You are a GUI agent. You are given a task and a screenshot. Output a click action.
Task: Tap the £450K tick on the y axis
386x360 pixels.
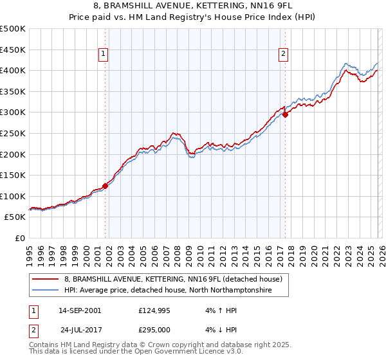click(x=13, y=50)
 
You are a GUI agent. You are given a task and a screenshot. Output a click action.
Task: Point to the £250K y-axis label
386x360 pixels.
click(x=13, y=133)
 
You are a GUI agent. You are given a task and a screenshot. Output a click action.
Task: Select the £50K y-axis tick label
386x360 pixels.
click(x=15, y=217)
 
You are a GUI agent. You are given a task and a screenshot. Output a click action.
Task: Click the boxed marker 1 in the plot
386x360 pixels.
click(x=104, y=55)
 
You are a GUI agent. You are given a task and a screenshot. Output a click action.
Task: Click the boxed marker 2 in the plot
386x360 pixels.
click(x=284, y=55)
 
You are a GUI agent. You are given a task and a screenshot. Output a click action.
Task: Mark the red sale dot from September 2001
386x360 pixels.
click(x=105, y=186)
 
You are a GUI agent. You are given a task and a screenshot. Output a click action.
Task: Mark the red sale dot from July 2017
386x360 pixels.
click(x=285, y=114)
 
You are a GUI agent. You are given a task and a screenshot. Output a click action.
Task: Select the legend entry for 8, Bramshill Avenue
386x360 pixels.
click(x=172, y=279)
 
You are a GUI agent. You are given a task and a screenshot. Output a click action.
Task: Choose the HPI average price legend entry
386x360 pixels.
click(x=168, y=291)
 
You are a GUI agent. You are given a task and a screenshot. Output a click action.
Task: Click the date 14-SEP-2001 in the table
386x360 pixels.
click(x=80, y=310)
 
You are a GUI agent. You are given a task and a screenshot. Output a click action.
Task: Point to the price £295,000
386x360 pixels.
click(x=157, y=329)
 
